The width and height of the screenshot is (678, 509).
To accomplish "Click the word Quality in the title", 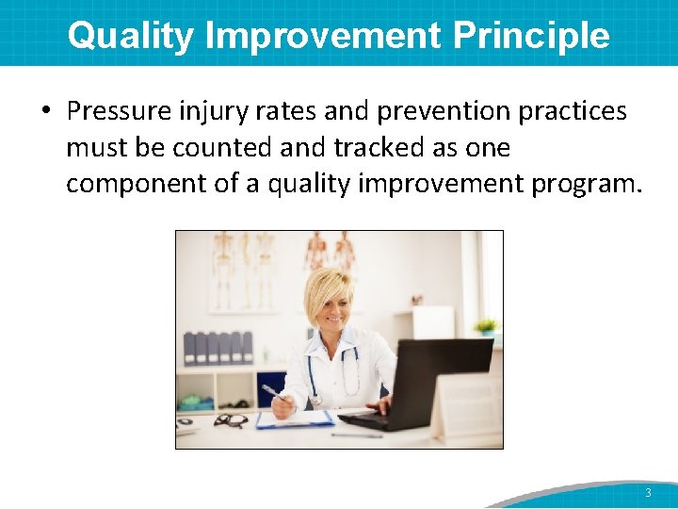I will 131,36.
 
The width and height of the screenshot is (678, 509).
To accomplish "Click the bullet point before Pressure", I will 46,112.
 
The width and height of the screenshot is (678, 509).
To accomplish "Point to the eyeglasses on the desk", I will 230,420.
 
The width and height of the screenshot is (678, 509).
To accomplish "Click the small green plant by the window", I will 486,326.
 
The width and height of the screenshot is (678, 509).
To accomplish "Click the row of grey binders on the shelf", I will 218,347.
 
